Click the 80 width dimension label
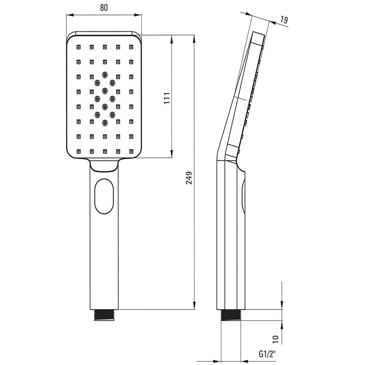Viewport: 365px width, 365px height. pos(104,8)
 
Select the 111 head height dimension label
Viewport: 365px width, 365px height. pos(167,98)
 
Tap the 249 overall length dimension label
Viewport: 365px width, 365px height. pos(189,178)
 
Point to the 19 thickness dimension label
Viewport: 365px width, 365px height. pos(284,20)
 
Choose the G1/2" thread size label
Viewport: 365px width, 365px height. pos(267,354)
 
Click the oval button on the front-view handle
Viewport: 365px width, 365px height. pos(104,196)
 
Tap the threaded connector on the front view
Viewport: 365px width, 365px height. pos(104,315)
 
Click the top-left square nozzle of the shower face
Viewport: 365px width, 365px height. pos(79,47)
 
